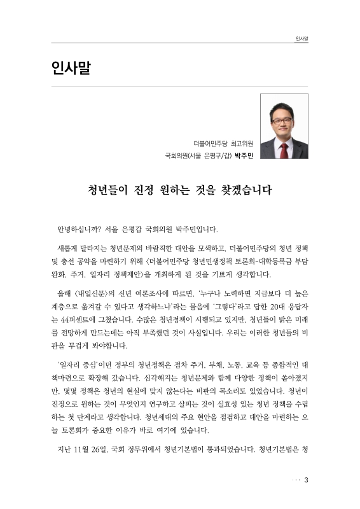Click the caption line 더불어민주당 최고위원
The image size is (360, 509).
[223, 142]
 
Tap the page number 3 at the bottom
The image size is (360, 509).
[305, 479]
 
